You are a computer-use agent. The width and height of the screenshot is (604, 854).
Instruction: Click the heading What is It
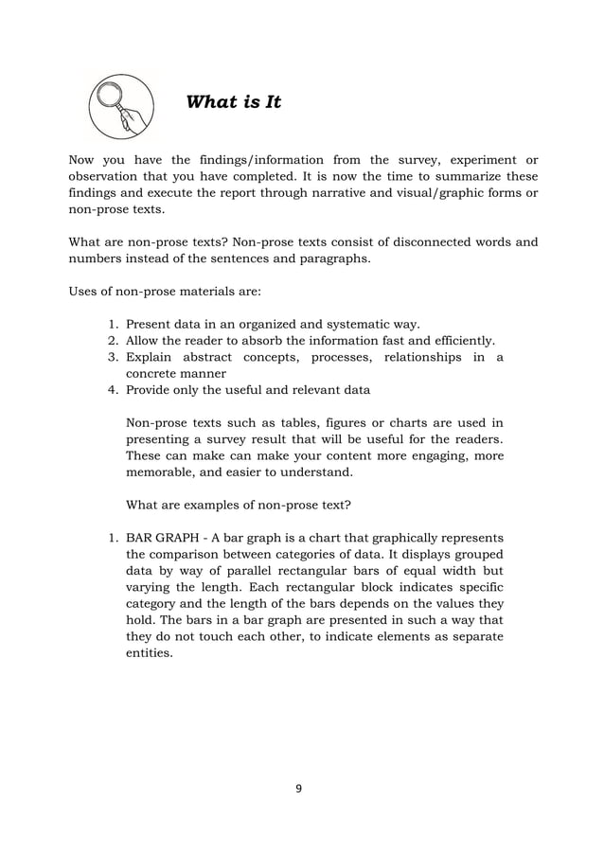pyautogui.click(x=234, y=101)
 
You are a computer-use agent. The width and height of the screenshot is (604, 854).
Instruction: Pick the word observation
pyautogui.click(x=108, y=176)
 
